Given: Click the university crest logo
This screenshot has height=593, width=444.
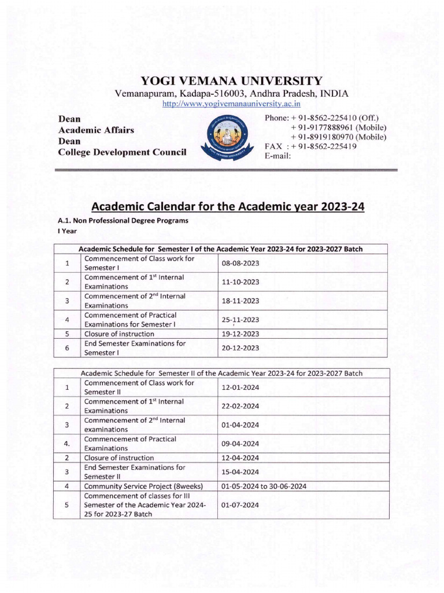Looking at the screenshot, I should tap(227, 140).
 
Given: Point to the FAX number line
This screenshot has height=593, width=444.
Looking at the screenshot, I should tap(310, 147).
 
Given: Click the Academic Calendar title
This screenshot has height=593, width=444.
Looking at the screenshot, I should tap(228, 206).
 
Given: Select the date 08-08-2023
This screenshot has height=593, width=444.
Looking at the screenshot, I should tap(240, 263).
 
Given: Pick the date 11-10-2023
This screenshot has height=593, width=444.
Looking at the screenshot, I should tap(240, 282).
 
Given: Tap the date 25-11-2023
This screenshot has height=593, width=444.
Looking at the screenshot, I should tap(240, 320).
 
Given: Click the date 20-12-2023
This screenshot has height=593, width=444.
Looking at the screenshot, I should tap(240, 348).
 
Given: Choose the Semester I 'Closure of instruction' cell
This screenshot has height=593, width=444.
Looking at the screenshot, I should tap(119, 334).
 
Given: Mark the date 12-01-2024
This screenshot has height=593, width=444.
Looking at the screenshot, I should tap(240, 387).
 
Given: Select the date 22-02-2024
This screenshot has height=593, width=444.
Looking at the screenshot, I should tap(240, 406).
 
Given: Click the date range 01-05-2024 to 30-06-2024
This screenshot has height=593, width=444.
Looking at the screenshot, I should tap(264, 486).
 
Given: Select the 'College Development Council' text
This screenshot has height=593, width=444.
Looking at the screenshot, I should tap(122, 152).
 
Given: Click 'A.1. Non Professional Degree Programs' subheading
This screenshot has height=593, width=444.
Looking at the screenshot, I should tap(123, 221).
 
